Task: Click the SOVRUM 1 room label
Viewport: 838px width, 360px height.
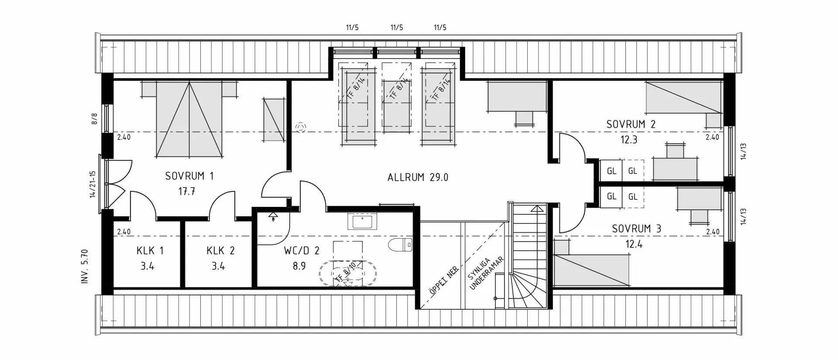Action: pos(189,176)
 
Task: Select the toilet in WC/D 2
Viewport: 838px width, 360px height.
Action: pos(400,245)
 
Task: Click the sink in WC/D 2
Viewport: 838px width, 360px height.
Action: pos(362,221)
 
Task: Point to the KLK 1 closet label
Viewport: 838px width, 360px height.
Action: pos(150,250)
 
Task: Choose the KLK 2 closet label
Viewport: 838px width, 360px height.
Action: pos(220,250)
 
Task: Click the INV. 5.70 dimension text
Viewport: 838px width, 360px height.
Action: pos(85,267)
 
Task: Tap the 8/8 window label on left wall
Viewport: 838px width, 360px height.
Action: pos(94,119)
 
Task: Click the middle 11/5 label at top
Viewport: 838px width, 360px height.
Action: pos(396,27)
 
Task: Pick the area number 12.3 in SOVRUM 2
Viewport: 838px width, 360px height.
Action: pos(628,140)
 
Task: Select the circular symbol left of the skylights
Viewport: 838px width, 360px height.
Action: pos(301,127)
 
